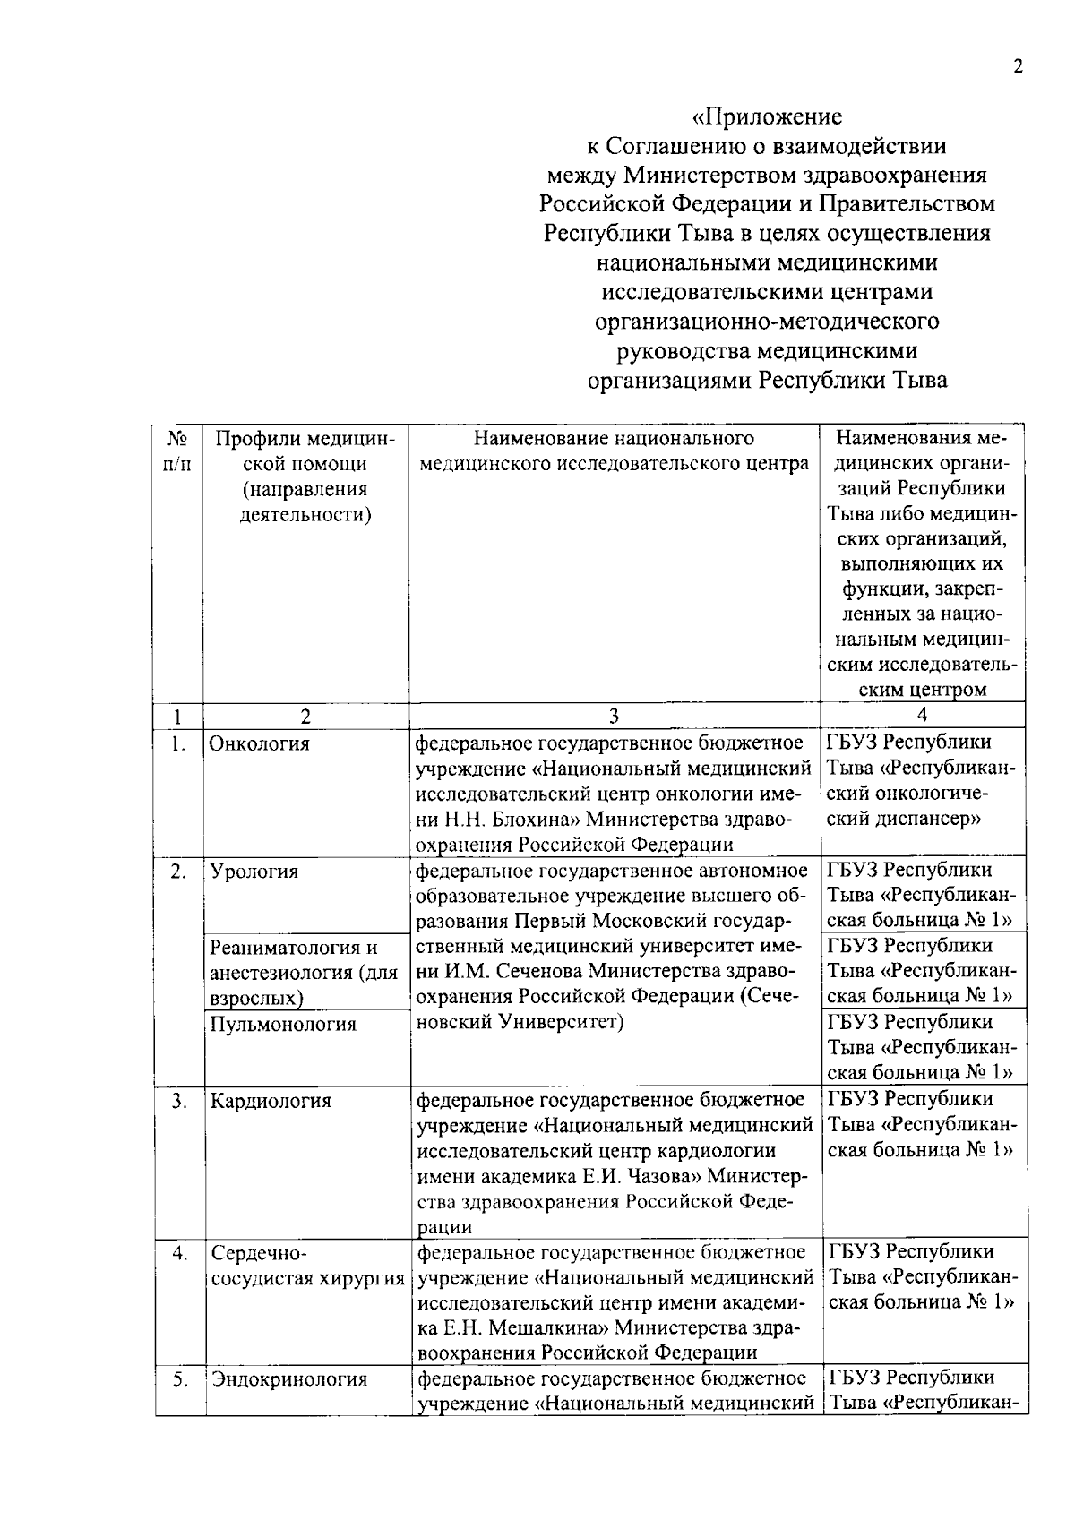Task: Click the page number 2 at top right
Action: pos(1017,68)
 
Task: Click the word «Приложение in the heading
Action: pos(768,116)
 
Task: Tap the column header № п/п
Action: pos(177,451)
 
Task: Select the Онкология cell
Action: pos(260,743)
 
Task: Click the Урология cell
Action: pos(254,872)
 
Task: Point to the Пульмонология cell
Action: pos(283,1024)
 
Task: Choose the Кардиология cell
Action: pos(271,1101)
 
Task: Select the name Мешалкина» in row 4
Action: pos(537,1328)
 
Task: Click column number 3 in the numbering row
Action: pos(615,716)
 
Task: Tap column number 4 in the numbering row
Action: pos(922,715)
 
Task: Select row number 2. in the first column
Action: pos(179,872)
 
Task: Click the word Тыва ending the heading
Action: pos(917,380)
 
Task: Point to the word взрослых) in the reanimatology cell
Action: pos(256,998)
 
